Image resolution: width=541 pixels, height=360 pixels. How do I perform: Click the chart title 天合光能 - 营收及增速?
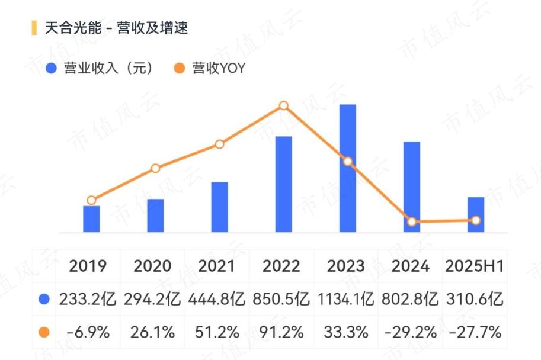point(116,28)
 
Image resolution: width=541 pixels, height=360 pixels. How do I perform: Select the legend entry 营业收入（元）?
point(100,68)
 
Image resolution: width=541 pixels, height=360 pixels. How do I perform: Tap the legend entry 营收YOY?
point(210,68)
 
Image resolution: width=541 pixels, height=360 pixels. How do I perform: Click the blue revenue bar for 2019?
point(91,219)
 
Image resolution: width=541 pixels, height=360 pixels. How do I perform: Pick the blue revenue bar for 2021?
point(219,207)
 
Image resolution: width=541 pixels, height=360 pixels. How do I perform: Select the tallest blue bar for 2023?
point(348,168)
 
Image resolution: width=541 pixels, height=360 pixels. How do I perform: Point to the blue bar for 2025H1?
point(476,215)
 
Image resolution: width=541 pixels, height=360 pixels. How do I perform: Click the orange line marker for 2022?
point(284,105)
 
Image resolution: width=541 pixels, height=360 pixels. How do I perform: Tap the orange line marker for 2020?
point(155,168)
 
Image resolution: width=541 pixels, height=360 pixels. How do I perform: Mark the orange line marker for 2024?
point(412,221)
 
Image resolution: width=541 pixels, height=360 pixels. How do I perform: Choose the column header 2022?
point(281,266)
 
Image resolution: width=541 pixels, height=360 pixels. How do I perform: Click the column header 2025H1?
point(475,266)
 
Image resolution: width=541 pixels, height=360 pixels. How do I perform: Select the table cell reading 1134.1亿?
point(345,299)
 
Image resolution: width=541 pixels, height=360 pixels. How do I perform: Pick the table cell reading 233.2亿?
point(88,299)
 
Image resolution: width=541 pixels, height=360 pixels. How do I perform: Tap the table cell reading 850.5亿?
point(281,299)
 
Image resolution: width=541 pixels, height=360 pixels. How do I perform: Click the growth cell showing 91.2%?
point(281,332)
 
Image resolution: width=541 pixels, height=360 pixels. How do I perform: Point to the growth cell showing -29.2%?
point(410,332)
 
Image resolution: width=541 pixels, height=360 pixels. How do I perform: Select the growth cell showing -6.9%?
point(88,332)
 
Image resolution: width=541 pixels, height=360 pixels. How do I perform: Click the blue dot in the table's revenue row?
point(44,299)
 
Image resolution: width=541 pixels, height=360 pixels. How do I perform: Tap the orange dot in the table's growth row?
point(44,332)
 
